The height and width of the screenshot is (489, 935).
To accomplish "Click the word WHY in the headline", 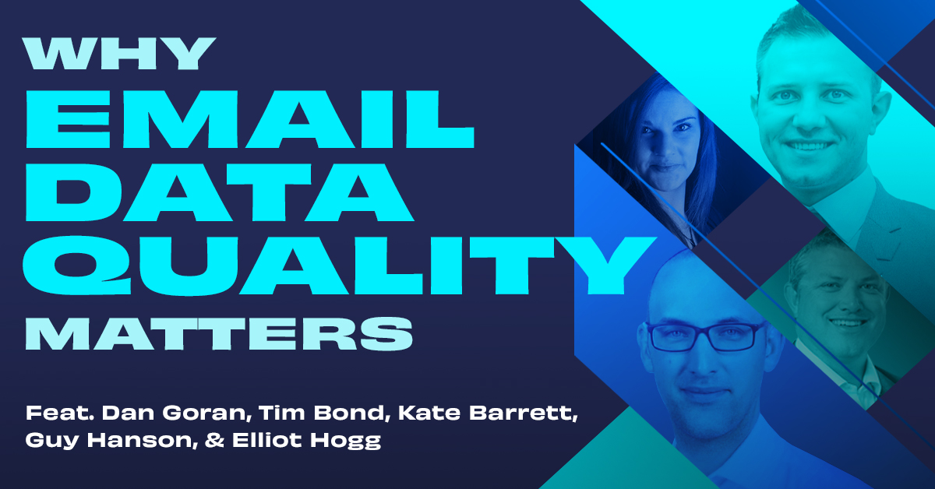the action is click(x=120, y=54).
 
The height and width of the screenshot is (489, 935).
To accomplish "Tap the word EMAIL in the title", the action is click(x=249, y=119).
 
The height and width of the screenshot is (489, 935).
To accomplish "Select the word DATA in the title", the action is click(x=220, y=192).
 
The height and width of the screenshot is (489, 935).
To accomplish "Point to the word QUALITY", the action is click(x=339, y=266).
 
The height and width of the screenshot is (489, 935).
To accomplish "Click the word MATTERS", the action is click(x=219, y=333).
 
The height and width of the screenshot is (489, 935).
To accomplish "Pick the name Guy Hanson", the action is click(x=112, y=441).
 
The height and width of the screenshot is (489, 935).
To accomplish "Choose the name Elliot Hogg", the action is click(x=307, y=441).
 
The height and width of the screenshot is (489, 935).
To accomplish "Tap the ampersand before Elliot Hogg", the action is click(x=214, y=441).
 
